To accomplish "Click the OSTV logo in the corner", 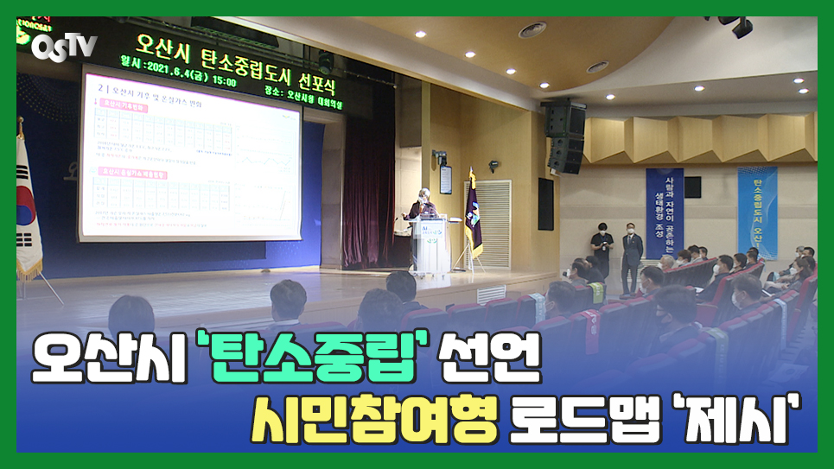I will coord(64,46).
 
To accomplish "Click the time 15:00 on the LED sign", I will coord(223,81).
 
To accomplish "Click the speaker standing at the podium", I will coord(419,208).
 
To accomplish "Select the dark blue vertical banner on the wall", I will coord(664,212).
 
